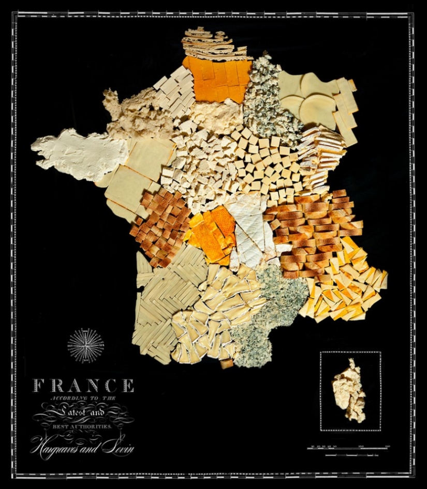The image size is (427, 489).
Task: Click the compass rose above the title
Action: tap(85, 345)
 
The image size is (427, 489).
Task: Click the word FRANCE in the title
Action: tap(83, 385)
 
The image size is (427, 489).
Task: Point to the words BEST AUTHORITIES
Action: tap(83, 427)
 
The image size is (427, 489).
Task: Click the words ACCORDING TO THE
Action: tap(83, 398)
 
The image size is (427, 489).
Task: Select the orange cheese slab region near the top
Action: tap(217, 79)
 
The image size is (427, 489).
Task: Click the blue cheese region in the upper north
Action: tap(267, 101)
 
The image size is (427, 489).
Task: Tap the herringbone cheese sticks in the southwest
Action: tap(163, 300)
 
